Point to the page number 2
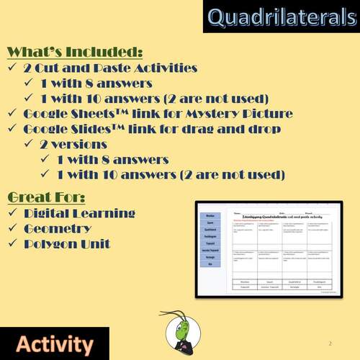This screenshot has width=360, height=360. tap(330, 343)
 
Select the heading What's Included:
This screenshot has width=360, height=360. tap(75, 53)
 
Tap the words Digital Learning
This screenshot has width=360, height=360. tap(79, 213)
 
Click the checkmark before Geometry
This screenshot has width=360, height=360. tap(13, 229)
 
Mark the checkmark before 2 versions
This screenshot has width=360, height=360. tap(30, 144)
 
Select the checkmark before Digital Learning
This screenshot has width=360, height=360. tap(13, 213)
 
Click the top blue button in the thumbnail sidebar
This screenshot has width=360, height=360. tap(210, 215)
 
